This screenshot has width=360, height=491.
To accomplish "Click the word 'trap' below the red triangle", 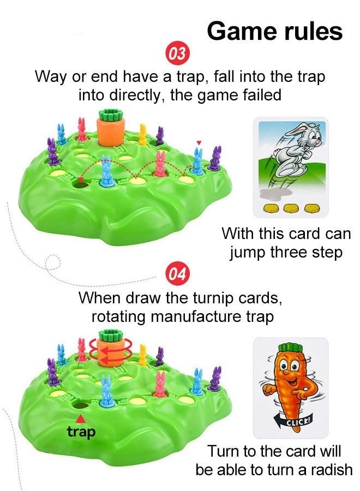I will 81,432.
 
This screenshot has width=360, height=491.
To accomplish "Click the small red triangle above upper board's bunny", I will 199,143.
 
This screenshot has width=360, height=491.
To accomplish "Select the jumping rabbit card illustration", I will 291,166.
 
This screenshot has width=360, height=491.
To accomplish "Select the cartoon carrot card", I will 291,387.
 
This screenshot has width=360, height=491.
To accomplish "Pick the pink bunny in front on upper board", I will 160,165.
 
